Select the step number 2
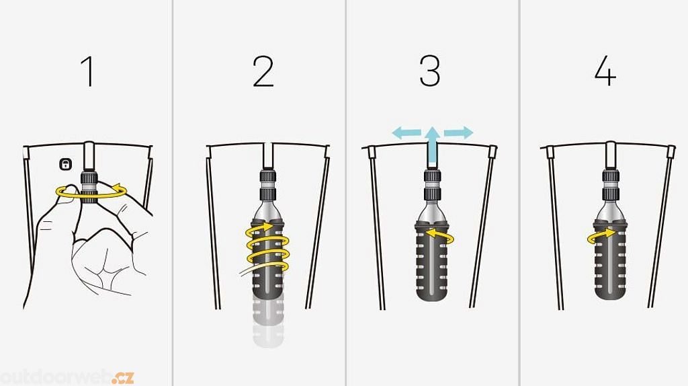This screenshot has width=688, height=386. [x=263, y=71]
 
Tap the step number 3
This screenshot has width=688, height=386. [x=429, y=71]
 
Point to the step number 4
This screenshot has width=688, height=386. [x=605, y=71]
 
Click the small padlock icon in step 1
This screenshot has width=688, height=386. [x=65, y=164]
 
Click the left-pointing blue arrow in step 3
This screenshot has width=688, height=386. [x=406, y=132]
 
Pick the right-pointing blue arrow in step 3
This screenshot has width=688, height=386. [x=458, y=132]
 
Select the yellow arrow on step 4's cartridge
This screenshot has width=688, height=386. [x=603, y=235]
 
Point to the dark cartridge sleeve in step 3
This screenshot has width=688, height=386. [x=432, y=262]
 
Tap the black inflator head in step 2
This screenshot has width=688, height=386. [x=269, y=185]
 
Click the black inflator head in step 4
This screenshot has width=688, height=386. [x=610, y=185]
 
